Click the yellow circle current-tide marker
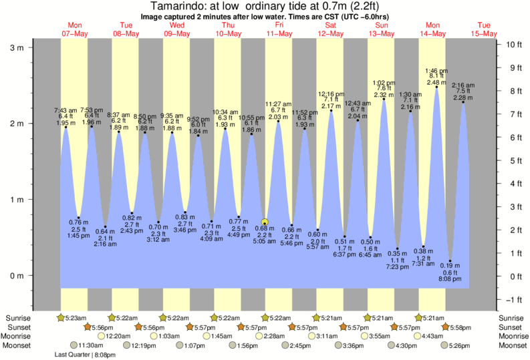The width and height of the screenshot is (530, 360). (265, 222)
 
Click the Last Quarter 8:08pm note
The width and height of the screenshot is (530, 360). (86, 355)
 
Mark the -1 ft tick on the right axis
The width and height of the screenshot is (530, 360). (513, 299)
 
